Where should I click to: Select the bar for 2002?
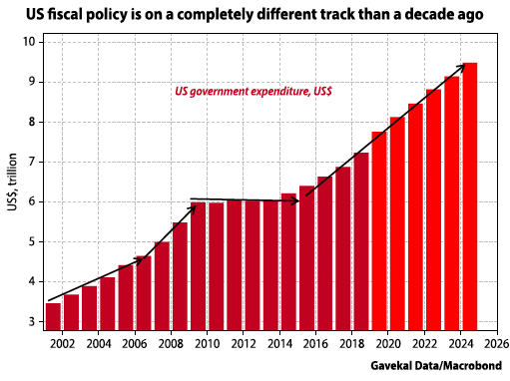(72, 312)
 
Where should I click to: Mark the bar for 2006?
(144, 293)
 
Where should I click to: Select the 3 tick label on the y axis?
(30, 322)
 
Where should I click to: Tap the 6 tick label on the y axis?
(30, 201)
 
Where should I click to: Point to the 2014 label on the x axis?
(279, 344)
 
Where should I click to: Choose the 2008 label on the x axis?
(171, 344)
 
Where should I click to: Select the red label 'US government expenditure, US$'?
(254, 91)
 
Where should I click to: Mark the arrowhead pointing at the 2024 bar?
(461, 67)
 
